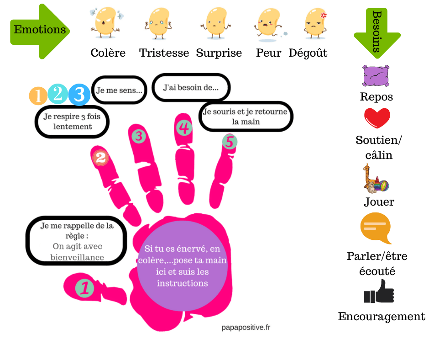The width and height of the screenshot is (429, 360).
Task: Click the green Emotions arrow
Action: point(40,31)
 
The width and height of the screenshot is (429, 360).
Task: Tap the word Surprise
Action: point(219,53)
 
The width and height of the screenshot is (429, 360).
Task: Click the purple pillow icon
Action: point(376,76)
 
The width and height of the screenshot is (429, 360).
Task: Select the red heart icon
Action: point(377,118)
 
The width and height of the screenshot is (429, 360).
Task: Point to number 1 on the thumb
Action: point(84,288)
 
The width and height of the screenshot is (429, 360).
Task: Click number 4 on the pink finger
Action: point(183,128)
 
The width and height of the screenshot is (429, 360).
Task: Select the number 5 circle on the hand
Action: point(230,142)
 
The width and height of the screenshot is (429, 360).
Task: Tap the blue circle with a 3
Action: point(79,95)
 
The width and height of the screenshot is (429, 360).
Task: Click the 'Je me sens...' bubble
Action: point(119,90)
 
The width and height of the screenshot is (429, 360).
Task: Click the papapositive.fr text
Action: point(246,327)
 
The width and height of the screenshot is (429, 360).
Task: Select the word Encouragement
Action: point(382,317)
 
